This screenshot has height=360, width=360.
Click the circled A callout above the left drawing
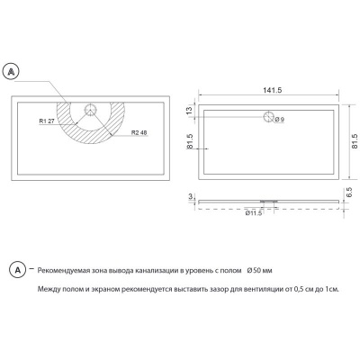pos(12,69)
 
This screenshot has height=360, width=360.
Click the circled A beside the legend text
pos(16,270)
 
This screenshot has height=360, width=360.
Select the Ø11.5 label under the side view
pos(254,213)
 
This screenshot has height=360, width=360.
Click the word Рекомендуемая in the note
pos(71,270)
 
